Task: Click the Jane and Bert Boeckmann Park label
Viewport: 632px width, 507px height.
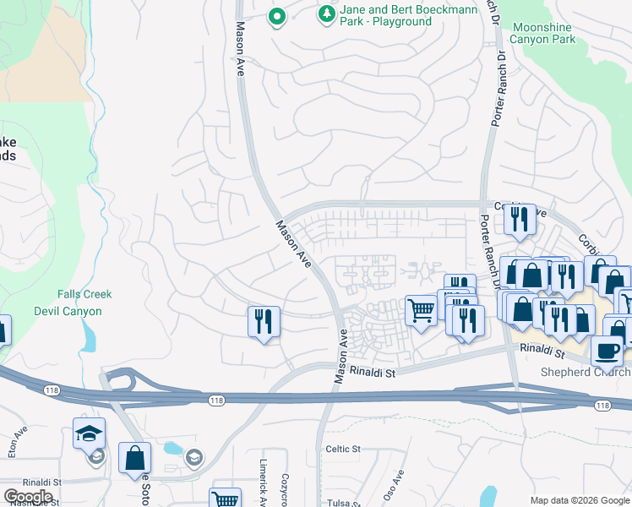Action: coord(408,15)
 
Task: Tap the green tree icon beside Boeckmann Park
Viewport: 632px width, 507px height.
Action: coord(326,15)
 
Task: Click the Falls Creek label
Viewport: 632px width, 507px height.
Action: coord(84,294)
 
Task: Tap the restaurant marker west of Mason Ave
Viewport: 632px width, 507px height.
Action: coord(264,322)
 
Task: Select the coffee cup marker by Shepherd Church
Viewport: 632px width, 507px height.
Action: coord(606,350)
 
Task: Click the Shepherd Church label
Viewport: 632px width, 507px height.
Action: coord(586,373)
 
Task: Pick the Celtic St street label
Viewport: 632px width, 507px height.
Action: coord(343,449)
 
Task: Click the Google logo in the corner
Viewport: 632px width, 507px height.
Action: coord(28,496)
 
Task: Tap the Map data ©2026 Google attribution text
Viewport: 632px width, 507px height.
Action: coord(579,499)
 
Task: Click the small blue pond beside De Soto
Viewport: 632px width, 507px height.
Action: coord(173,449)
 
